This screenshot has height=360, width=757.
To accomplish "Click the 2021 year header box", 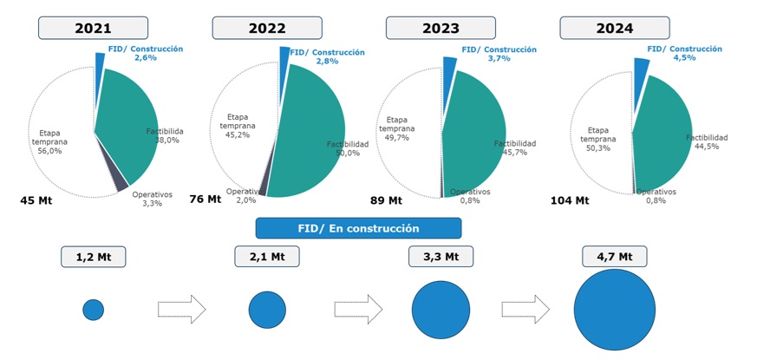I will [x=93, y=28].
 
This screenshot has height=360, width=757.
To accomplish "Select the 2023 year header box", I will [x=440, y=28].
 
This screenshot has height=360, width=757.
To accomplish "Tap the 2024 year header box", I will [x=614, y=28].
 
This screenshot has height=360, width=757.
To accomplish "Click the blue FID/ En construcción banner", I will [x=358, y=228].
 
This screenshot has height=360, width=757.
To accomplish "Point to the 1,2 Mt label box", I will [x=93, y=257].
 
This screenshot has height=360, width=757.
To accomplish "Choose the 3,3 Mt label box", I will [x=440, y=257].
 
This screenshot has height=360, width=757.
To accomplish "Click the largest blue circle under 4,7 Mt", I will [x=614, y=310].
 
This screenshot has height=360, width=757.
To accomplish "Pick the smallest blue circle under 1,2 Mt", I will [x=93, y=310].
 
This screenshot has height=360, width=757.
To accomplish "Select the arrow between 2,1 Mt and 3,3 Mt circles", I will [x=357, y=309].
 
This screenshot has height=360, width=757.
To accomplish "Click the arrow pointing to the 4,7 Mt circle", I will [x=525, y=309].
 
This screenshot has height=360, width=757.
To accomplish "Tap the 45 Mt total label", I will [x=37, y=201].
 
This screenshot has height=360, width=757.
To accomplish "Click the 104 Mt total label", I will [x=569, y=201].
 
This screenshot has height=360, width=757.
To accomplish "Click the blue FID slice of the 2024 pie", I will [x=642, y=69].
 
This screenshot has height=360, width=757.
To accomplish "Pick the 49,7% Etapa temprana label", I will [x=400, y=129].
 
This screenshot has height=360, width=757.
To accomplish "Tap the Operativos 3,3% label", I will [x=152, y=199].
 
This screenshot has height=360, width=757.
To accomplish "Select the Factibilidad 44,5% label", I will [x=707, y=142].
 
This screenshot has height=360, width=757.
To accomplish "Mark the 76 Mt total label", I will [x=206, y=200].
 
